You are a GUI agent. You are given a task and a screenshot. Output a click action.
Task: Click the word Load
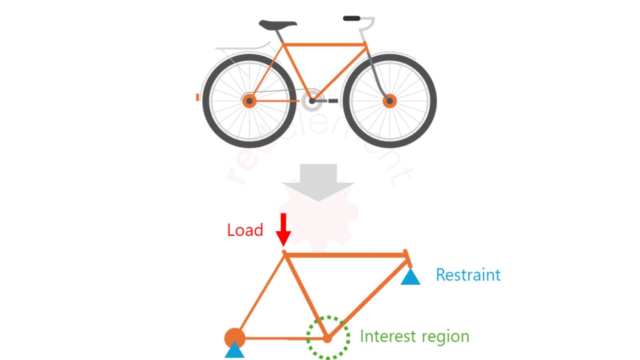click(245, 230)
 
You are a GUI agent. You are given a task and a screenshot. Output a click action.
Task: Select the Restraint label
click(468, 275)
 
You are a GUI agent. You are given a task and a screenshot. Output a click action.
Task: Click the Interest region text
click(414, 336)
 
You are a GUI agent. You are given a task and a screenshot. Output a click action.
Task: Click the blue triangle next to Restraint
click(410, 277)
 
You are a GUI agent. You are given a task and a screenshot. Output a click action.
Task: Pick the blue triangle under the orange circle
click(234, 350)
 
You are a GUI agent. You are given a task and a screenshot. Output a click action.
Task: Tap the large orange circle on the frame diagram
click(234, 337)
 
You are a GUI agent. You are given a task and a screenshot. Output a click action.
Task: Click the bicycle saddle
click(277, 25)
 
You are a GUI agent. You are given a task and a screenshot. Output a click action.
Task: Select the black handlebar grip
click(351, 18)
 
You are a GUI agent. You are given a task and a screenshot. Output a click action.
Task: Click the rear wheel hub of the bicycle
click(249, 101)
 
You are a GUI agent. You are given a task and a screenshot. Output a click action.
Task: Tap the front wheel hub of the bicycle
click(390, 101)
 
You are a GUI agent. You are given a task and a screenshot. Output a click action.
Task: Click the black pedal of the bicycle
click(333, 101)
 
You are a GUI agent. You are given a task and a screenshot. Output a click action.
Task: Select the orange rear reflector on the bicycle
click(197, 97)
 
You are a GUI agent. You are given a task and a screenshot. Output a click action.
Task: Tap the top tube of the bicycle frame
click(324, 45)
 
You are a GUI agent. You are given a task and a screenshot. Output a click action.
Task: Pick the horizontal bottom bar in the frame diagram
click(284, 338)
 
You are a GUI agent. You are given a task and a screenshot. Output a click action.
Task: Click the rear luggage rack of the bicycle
click(240, 49)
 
